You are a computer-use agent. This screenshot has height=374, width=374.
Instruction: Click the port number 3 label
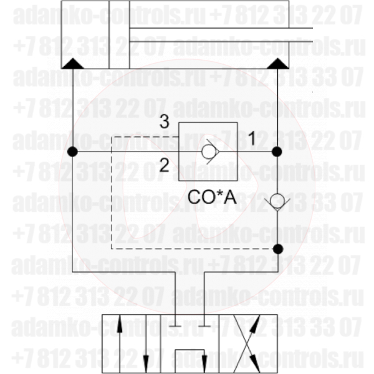(163, 122)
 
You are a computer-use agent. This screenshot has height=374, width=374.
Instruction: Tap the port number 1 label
(251, 139)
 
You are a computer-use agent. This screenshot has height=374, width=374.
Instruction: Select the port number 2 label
(163, 165)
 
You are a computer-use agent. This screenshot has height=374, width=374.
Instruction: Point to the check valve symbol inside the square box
(208, 151)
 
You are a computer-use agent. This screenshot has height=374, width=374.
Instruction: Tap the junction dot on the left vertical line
(74, 151)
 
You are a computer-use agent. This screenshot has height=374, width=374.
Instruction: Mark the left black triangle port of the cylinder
(74, 63)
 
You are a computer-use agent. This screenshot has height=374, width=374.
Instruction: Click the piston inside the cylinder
(119, 36)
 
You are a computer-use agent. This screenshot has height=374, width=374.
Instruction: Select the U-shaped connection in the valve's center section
(191, 358)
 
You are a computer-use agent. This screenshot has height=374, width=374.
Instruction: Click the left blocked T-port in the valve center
(176, 325)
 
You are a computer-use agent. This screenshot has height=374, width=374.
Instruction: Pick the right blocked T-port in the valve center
(206, 325)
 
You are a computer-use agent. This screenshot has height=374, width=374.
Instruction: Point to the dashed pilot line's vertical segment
(112, 193)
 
